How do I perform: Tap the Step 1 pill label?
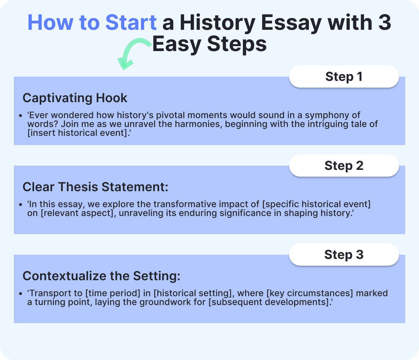[x=344, y=77]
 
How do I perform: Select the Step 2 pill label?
[x=344, y=166]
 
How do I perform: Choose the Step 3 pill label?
[x=344, y=255]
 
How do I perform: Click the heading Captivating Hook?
[x=75, y=98]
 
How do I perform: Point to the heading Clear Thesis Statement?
[x=95, y=187]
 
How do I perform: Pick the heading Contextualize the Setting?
[x=101, y=276]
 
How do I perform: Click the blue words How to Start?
[x=92, y=22]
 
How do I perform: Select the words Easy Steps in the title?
[x=209, y=45]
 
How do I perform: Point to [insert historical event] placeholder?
[x=77, y=133]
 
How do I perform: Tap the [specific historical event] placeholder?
[x=317, y=204]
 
